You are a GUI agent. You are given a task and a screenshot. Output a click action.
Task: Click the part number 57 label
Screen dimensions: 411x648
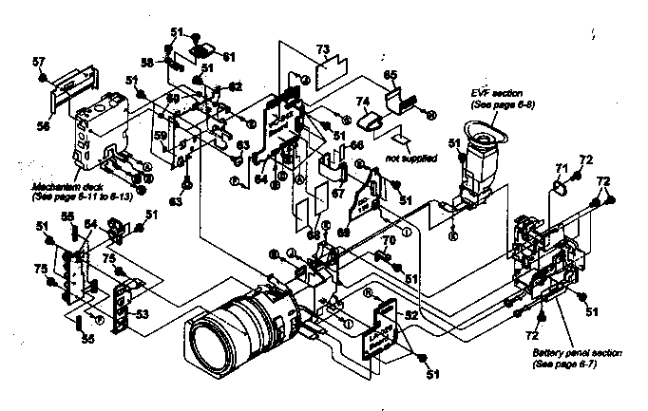(38, 62)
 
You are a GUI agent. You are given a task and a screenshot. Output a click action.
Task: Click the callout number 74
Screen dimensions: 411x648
(362, 101)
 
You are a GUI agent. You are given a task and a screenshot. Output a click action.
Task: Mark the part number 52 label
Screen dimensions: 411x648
(410, 314)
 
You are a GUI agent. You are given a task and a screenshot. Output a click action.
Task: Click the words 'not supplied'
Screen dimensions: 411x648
(407, 157)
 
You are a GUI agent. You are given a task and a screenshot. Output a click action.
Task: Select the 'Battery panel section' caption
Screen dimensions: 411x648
(578, 352)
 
